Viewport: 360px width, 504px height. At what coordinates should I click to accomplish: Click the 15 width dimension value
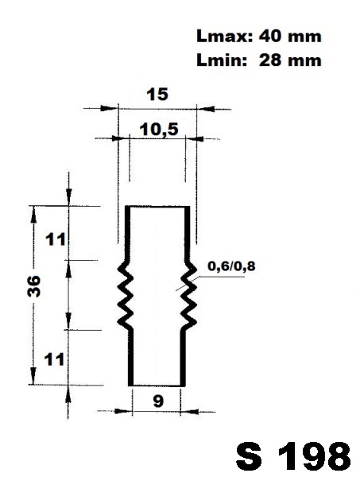tap(157, 94)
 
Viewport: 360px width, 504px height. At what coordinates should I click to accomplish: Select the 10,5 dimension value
tap(159, 130)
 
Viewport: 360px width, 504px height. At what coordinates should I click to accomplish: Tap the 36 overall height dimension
tap(33, 286)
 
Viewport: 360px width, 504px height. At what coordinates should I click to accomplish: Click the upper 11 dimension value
tap(55, 239)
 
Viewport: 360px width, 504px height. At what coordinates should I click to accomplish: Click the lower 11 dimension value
tap(54, 359)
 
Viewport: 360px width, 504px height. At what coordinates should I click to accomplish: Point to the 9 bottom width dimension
tap(158, 401)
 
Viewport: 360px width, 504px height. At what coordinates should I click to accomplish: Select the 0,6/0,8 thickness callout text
tap(231, 266)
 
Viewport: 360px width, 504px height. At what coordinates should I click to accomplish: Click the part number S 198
tap(293, 456)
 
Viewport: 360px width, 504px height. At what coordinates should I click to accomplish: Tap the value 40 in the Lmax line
tap(270, 37)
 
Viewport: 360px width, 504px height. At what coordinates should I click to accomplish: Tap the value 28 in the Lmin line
tap(270, 60)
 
